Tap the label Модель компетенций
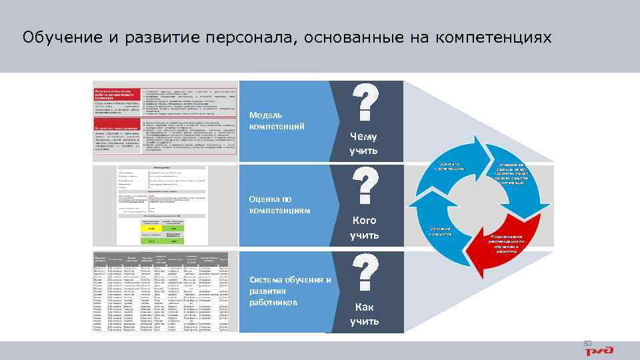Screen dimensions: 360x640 [x=277, y=121]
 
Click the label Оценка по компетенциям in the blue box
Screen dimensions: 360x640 [x=279, y=204]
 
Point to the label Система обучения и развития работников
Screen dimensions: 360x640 [x=289, y=291]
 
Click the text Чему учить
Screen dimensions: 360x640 [x=364, y=143]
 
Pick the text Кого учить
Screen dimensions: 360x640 [x=364, y=227]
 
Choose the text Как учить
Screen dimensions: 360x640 [x=364, y=314]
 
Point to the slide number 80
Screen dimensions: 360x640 [x=587, y=343]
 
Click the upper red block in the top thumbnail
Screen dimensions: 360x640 [x=117, y=99]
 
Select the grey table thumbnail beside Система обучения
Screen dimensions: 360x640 [x=165, y=292]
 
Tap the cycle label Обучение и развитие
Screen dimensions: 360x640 [x=440, y=231]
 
